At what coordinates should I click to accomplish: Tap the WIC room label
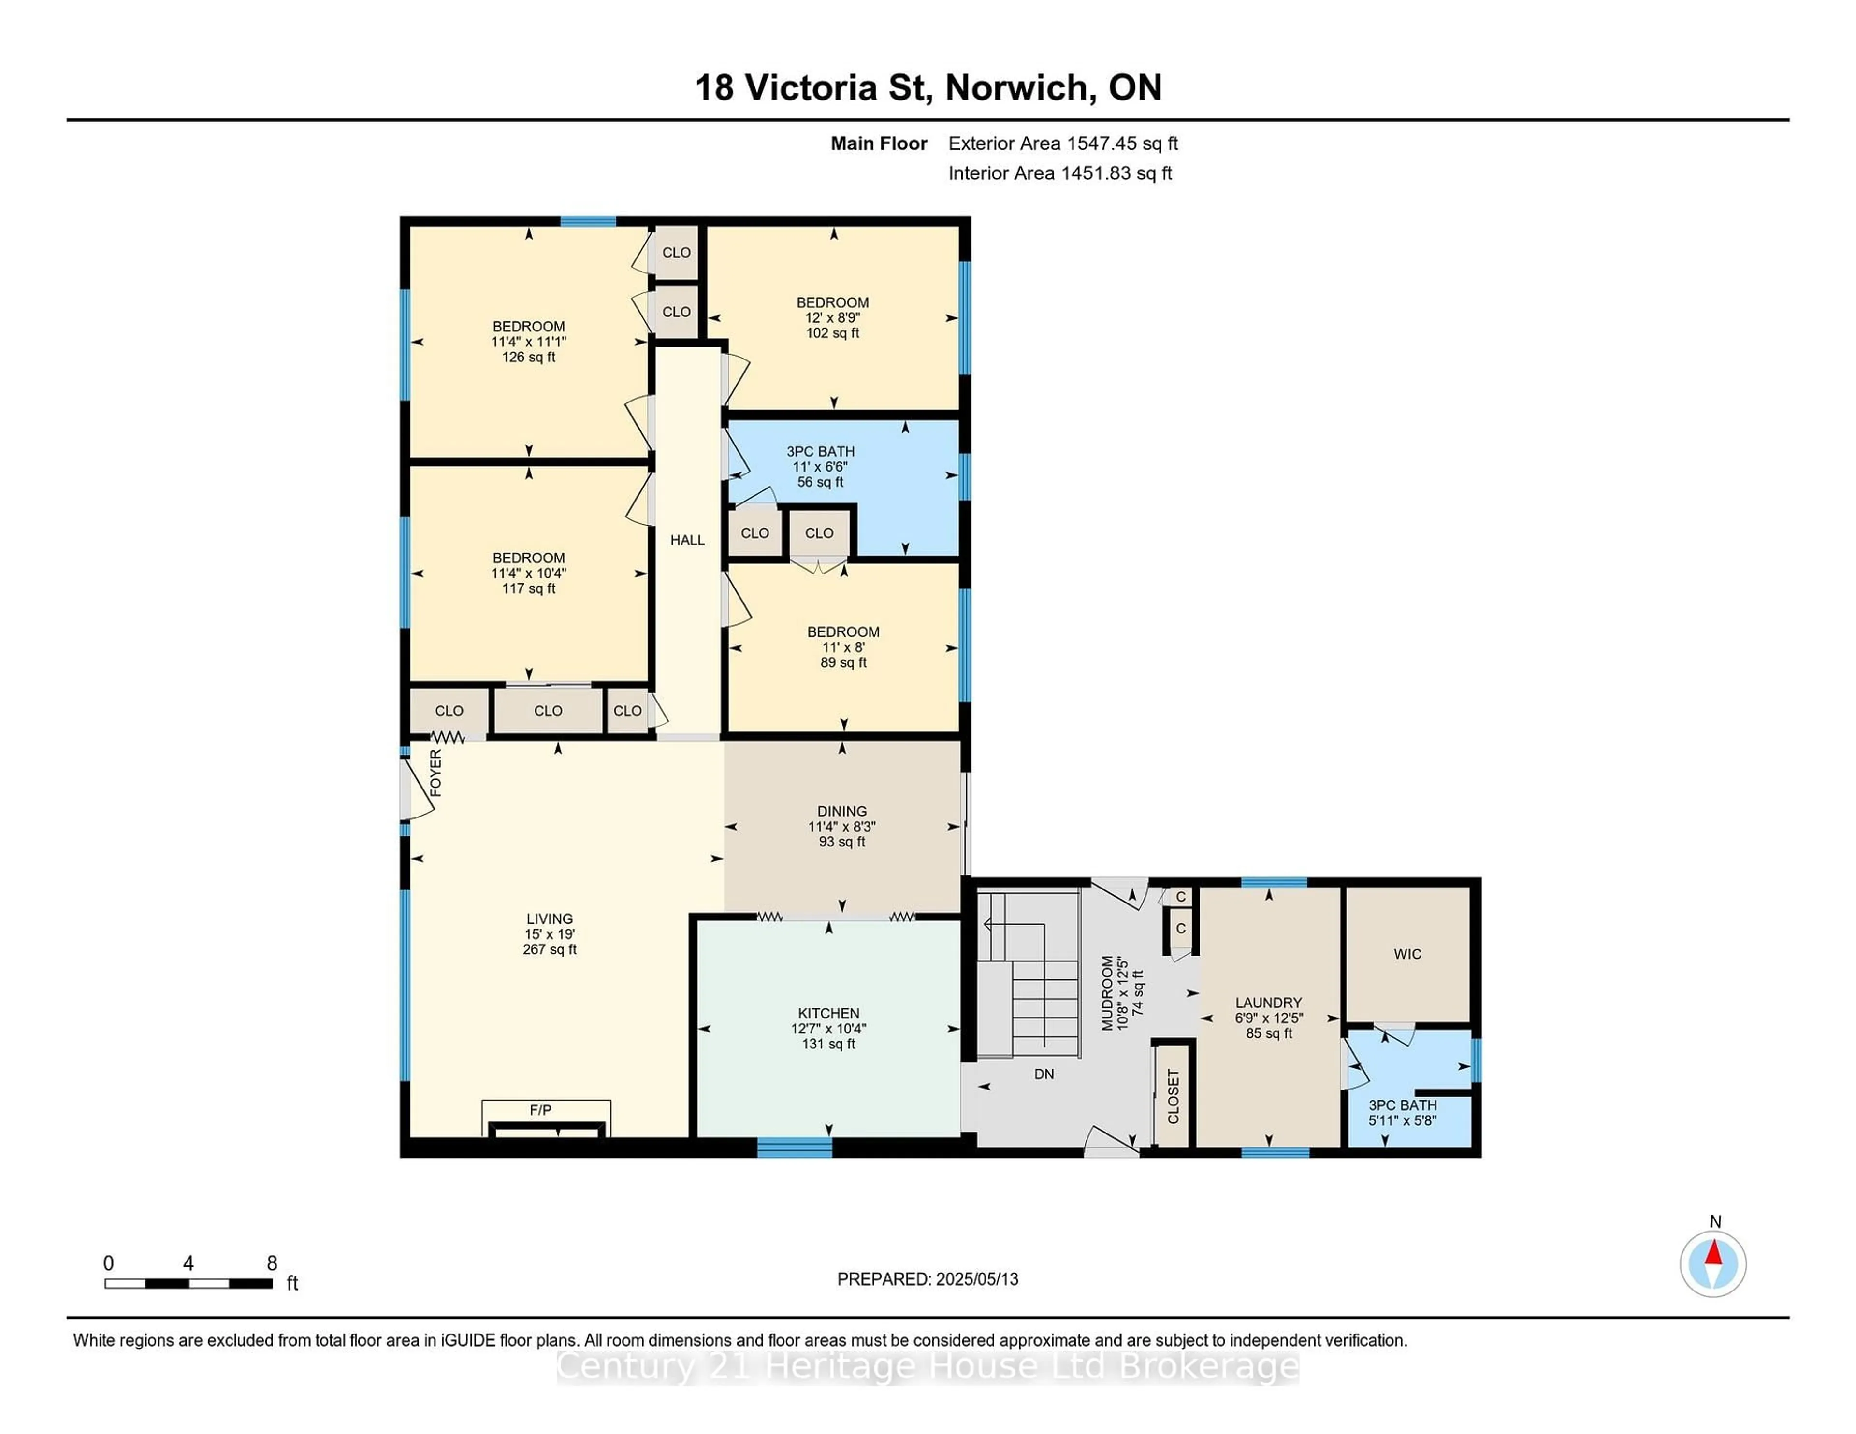pos(1407,954)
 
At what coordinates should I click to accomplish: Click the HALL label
pos(687,540)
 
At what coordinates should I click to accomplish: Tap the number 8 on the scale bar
pos(272,1263)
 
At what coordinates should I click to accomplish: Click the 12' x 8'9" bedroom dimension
pos(833,318)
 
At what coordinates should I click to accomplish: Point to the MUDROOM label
pos(1107,993)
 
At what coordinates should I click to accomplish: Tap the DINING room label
pos(842,811)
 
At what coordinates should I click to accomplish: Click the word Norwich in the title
pos(1016,87)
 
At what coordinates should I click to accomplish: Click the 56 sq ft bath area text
pos(820,482)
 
